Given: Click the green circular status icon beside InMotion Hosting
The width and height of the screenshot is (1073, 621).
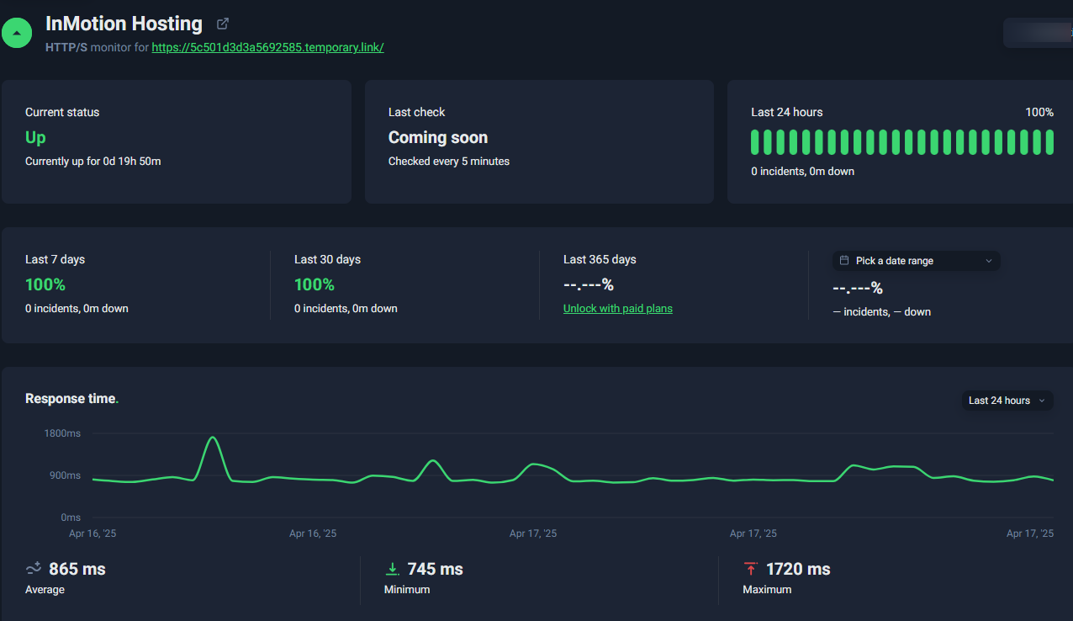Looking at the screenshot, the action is [17, 33].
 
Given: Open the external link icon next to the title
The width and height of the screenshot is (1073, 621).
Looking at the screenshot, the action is [223, 24].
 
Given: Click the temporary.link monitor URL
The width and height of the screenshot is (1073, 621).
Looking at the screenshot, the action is [267, 47].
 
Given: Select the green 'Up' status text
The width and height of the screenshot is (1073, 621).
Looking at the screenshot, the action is [35, 137].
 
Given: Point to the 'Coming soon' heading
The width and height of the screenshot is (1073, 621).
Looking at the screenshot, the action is [438, 137].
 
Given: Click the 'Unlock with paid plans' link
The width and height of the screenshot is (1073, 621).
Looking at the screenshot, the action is [617, 309].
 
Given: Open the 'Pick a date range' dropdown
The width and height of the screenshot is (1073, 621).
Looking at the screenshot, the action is [916, 261].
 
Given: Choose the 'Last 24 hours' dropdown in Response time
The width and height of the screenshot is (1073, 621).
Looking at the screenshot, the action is [1007, 401].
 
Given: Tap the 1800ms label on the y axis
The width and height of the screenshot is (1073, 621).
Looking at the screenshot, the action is [62, 433].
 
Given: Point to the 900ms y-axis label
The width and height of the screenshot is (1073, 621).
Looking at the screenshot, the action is [65, 475].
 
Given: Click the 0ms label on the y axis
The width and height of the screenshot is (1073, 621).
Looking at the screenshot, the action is [71, 517].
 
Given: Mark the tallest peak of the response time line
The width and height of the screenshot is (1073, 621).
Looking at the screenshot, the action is [213, 437].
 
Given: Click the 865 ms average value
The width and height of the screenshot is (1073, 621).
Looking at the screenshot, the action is [77, 569].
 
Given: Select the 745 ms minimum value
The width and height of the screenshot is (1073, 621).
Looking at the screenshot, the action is [435, 569].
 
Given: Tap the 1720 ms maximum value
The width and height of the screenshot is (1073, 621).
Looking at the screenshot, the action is [798, 569].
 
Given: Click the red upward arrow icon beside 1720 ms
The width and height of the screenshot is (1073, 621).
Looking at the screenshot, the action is [751, 568].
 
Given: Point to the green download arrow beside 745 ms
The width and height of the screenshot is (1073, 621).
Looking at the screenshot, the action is [393, 569].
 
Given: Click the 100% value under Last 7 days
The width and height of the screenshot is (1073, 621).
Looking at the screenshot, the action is [45, 284].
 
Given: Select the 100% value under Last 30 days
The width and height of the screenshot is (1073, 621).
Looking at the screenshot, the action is [314, 284].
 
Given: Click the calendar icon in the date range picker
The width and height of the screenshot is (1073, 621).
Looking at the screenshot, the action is [844, 260].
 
